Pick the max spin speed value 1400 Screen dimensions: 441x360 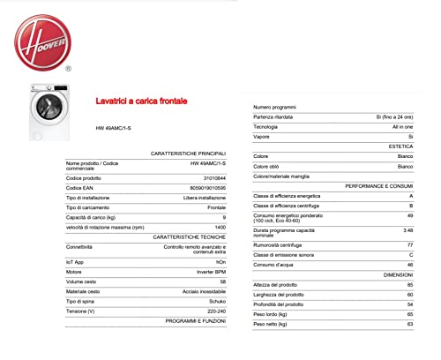coord(220,227)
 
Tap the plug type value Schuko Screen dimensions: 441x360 coord(216,301)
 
